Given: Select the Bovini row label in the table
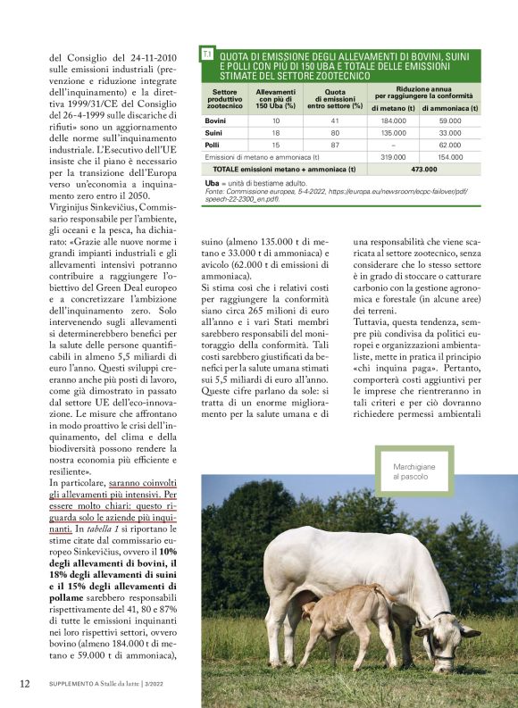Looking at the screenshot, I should [x=215, y=120].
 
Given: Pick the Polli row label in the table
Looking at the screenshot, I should [x=213, y=144].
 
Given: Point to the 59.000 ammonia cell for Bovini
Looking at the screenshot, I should [x=450, y=120].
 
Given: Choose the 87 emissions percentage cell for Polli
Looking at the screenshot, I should [x=335, y=144].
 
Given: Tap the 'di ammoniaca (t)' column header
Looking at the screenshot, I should [x=450, y=107].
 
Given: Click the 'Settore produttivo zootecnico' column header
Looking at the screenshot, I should [x=225, y=98].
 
